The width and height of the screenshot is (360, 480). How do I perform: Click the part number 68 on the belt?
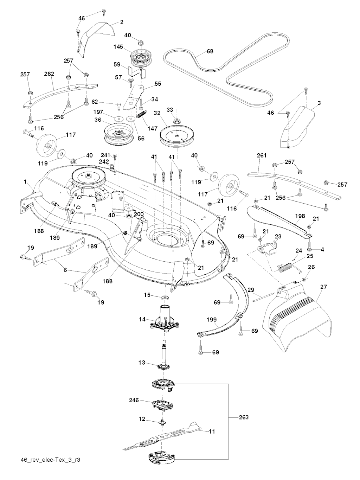[x=210, y=51]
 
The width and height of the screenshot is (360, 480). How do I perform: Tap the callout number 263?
[x=243, y=417]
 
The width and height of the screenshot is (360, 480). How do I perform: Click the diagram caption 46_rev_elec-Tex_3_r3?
[x=51, y=460]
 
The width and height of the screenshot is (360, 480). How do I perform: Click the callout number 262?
[x=49, y=74]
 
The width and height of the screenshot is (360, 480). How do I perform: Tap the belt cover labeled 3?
[x=299, y=127]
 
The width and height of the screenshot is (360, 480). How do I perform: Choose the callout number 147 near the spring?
[x=153, y=129]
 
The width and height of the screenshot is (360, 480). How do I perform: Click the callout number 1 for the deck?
[x=25, y=182]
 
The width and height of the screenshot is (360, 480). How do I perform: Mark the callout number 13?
[x=142, y=363]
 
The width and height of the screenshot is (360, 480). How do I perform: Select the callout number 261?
[x=262, y=155]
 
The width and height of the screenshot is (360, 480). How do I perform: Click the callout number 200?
[x=139, y=214]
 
